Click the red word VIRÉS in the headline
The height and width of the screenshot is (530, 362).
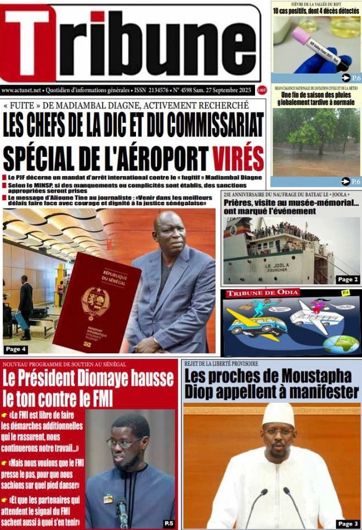pos(239,158)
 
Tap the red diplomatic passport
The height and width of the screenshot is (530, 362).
pos(96,302)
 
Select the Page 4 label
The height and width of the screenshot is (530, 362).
pos(16,349)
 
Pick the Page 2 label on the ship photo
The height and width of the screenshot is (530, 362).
pos(348,280)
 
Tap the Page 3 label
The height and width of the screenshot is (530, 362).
pos(348,523)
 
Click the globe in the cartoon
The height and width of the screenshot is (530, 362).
pos(341,345)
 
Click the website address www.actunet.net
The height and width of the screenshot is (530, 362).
pos(21,89)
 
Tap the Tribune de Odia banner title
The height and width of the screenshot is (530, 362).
pos(263,294)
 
